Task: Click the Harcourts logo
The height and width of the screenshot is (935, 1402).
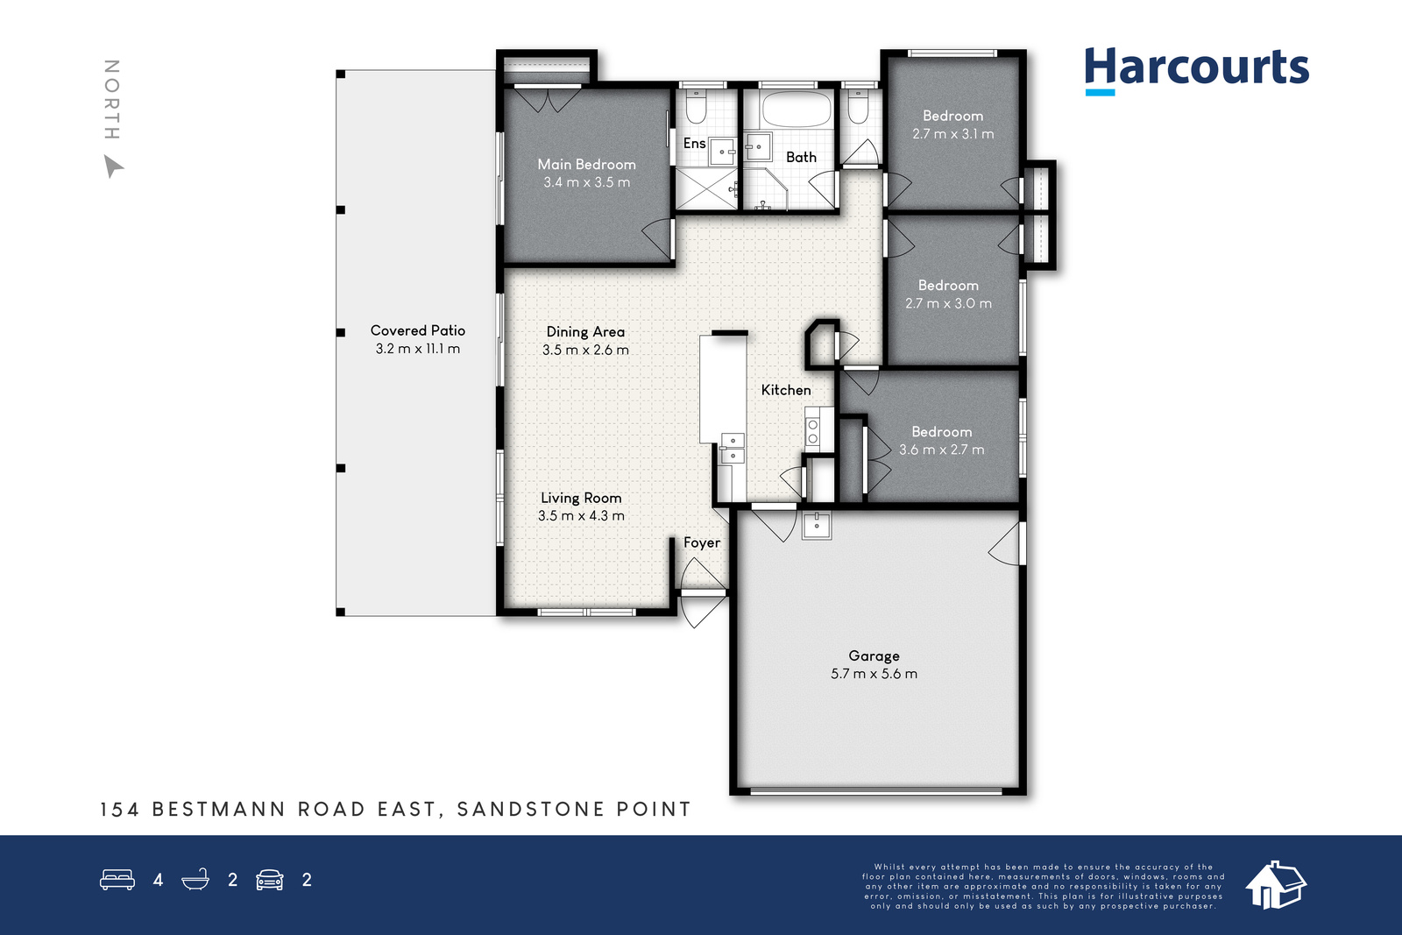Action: pos(1196,71)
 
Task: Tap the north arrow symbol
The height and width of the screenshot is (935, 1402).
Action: pos(113,166)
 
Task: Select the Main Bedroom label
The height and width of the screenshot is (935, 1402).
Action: pos(586,165)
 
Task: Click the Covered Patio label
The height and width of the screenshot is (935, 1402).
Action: pos(417,330)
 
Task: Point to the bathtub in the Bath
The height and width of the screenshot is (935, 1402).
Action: pos(797,110)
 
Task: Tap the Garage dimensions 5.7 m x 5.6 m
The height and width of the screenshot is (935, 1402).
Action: pos(874,674)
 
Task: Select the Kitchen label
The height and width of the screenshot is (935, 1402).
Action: pos(786,390)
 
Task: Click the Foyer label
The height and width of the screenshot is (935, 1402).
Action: pos(702,542)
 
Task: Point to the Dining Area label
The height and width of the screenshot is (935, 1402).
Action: pos(585,332)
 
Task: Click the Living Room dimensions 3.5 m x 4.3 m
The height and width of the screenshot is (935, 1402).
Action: pos(581,515)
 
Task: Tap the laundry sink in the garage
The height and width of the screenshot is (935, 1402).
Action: pos(817,525)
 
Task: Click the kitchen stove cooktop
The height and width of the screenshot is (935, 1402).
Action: pos(812,430)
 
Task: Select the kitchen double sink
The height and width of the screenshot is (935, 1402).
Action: pos(733,448)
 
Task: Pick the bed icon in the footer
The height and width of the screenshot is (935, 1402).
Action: pos(117,879)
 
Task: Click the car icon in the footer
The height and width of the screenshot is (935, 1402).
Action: pos(270,880)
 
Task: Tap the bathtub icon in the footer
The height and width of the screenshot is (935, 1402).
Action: pos(195,879)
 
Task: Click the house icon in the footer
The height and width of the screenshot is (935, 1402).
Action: pos(1276,885)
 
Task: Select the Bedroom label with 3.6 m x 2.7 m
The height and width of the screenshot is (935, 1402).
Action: pos(941,432)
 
